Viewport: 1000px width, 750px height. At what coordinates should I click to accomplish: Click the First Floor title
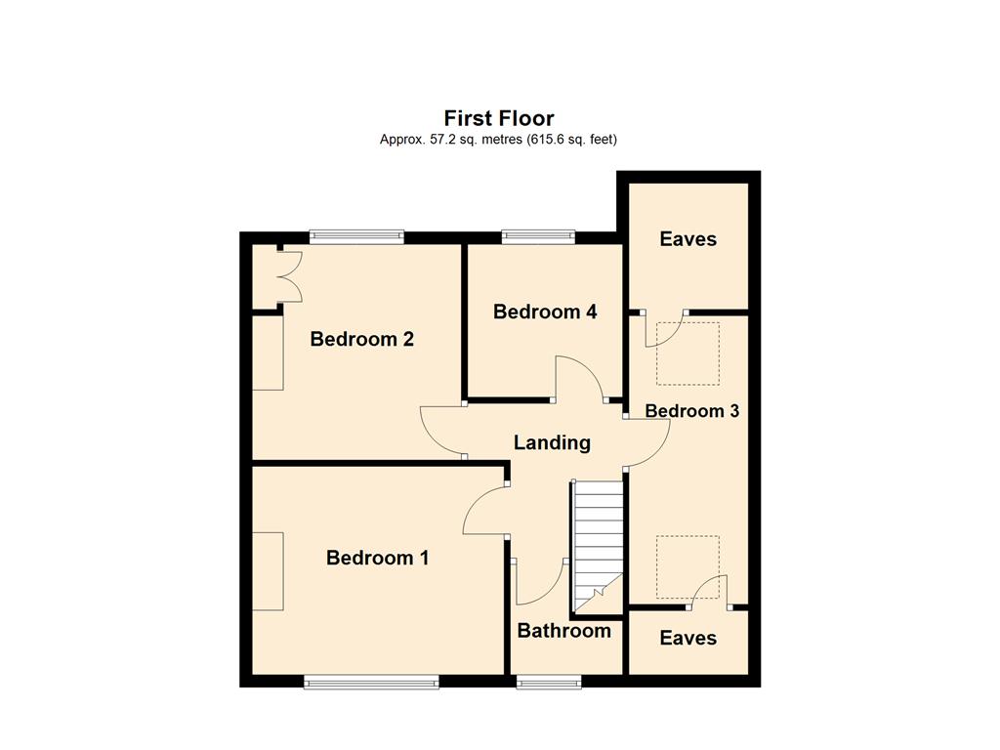pos(499,118)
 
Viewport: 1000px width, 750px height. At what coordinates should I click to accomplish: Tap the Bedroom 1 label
pos(377,558)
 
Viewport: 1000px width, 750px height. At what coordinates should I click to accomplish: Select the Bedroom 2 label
pos(361,339)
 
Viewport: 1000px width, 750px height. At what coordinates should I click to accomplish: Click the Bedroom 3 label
pos(692,411)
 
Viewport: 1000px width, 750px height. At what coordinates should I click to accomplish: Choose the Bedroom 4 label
pos(545,312)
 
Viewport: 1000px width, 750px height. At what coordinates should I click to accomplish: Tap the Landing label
pos(553,442)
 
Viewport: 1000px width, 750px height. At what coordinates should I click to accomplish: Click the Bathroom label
pos(563,631)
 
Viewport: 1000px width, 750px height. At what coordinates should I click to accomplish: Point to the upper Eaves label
pos(688,239)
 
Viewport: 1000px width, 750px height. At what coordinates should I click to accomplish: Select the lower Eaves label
pos(688,638)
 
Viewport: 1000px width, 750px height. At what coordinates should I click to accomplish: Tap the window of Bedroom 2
pos(357,236)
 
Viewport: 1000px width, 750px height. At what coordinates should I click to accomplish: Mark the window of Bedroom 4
pos(538,236)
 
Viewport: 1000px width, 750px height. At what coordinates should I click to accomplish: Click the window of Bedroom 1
pos(372,683)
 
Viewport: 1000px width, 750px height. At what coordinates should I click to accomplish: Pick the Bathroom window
pos(549,683)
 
